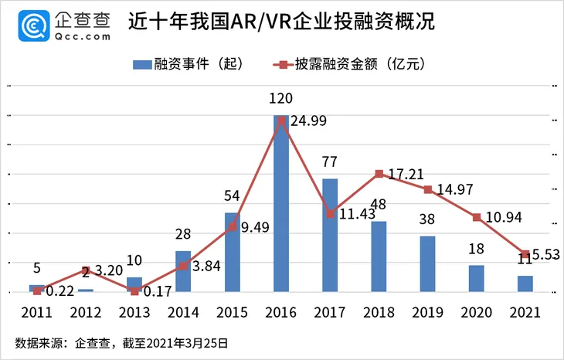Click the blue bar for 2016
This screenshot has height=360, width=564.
[x=281, y=205]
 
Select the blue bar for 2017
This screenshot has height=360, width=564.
[x=330, y=236]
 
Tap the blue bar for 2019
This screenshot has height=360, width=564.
[x=427, y=264]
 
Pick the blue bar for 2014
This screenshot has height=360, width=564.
[x=183, y=272]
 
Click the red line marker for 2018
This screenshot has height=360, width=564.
[x=379, y=174]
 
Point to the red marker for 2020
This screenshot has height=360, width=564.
[x=477, y=217]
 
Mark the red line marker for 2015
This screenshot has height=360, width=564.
[x=233, y=227]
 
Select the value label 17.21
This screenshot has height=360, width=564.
[x=409, y=175]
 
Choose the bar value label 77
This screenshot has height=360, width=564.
[x=330, y=161]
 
